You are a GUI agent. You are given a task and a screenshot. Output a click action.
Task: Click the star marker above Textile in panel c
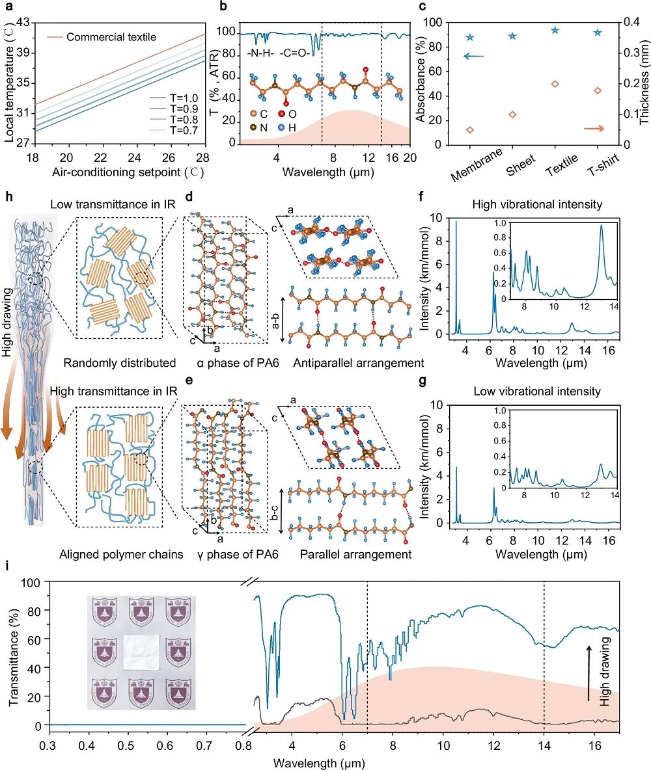pyautogui.click(x=555, y=31)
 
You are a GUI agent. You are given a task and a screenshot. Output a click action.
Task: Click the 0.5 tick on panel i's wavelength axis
pyautogui.click(x=127, y=741)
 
